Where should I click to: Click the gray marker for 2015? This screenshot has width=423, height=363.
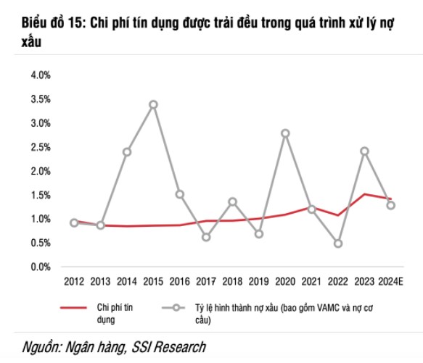tap(153, 104)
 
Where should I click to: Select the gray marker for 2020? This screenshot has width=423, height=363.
tap(285, 133)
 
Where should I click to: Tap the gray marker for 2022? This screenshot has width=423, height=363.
tap(338, 243)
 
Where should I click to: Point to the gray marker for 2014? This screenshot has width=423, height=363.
tap(127, 152)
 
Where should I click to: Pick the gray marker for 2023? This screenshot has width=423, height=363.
tap(365, 151)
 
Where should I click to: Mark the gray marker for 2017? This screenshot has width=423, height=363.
tap(206, 237)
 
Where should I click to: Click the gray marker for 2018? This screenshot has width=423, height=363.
tap(233, 201)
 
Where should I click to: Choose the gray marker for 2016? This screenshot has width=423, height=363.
tap(180, 194)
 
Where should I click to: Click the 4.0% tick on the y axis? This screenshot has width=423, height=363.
tap(40, 75)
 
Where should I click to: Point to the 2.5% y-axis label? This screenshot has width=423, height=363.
tap(40, 147)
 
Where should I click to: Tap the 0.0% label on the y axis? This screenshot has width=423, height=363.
tap(40, 267)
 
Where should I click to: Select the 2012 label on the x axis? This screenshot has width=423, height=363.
tap(74, 280)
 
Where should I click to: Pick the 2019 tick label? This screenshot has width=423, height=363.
tap(259, 280)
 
